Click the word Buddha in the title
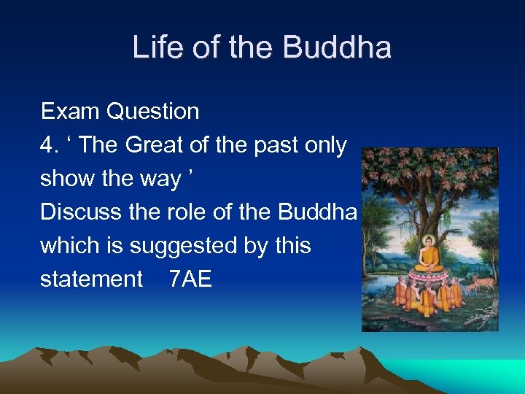[336, 48]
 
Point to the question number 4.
[48, 145]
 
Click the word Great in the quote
[155, 145]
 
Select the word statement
[91, 279]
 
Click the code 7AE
[190, 279]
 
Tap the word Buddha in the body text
[318, 212]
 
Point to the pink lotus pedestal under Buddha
[428, 275]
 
